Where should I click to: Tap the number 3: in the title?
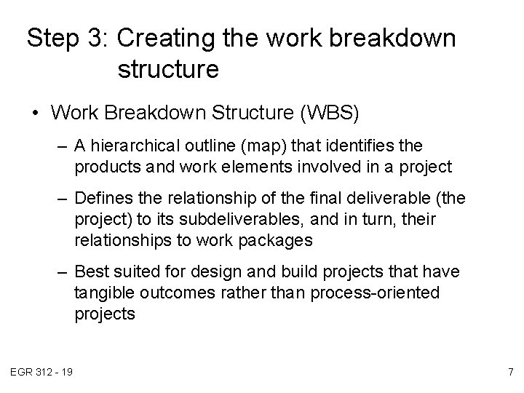[96, 38]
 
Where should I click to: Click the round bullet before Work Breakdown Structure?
[36, 114]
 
